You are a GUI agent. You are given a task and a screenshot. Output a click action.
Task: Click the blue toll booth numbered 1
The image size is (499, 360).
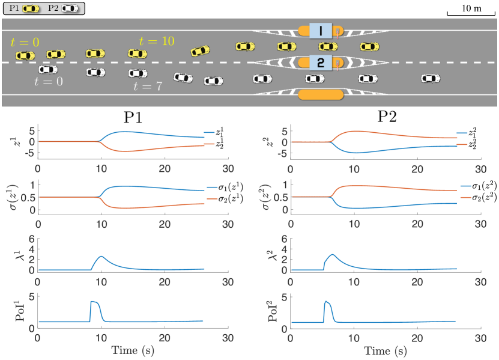pyautogui.click(x=321, y=31)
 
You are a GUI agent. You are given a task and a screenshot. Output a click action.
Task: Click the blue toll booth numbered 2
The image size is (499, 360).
pyautogui.click(x=321, y=62)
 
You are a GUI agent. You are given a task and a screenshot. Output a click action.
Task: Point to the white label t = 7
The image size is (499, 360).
pyautogui.click(x=147, y=86)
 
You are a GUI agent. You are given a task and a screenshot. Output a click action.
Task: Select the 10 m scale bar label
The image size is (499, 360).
pyautogui.click(x=471, y=8)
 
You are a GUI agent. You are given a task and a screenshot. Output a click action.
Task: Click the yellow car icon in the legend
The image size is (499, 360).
pyautogui.click(x=32, y=8)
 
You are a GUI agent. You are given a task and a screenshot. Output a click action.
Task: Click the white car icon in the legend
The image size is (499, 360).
pyautogui.click(x=70, y=8)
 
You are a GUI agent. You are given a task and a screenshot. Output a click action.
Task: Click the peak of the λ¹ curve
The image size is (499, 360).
pyautogui.click(x=101, y=257)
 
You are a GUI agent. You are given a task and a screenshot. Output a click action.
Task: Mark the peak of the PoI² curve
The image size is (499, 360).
pyautogui.click(x=325, y=301)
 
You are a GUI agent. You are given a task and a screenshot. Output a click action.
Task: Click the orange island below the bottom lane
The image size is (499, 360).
pyautogui.click(x=321, y=94)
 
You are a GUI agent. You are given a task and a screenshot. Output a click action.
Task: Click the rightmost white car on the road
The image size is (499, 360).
pyautogui.click(x=431, y=78)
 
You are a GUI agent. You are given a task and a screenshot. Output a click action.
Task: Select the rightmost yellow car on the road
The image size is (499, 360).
pyautogui.click(x=369, y=46)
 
